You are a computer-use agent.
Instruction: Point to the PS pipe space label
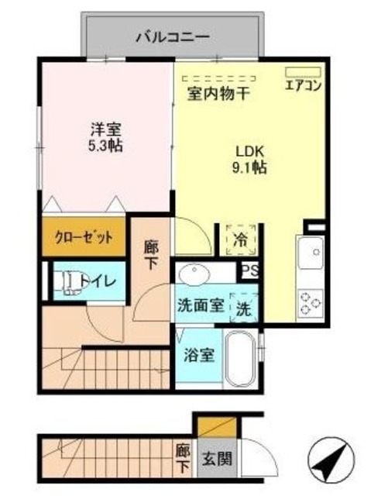coord(250,270)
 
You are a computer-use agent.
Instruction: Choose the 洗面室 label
coord(201,305)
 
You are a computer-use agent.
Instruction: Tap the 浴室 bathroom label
coord(198,357)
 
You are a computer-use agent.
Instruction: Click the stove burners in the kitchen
coord(311,301)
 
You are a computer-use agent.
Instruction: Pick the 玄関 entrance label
coord(210,457)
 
